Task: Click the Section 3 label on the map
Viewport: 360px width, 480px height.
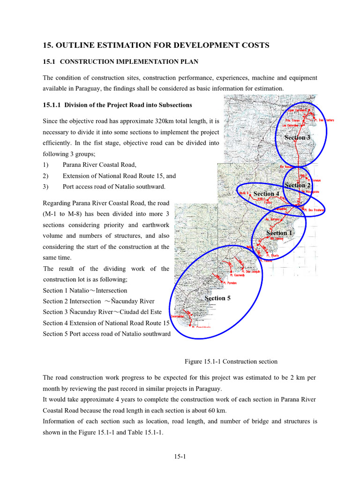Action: click(x=297, y=137)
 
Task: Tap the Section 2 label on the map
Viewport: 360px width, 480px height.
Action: click(x=298, y=185)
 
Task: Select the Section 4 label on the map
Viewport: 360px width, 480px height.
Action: click(x=266, y=194)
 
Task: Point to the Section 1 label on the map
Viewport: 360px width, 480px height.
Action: click(x=279, y=233)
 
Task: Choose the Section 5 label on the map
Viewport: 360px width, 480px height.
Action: click(x=217, y=298)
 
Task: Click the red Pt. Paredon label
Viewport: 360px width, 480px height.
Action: click(x=230, y=283)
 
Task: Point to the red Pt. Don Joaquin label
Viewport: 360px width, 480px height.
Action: click(x=250, y=271)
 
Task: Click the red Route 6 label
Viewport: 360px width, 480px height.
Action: click(x=244, y=193)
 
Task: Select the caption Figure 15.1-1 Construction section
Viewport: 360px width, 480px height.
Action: click(x=231, y=361)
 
